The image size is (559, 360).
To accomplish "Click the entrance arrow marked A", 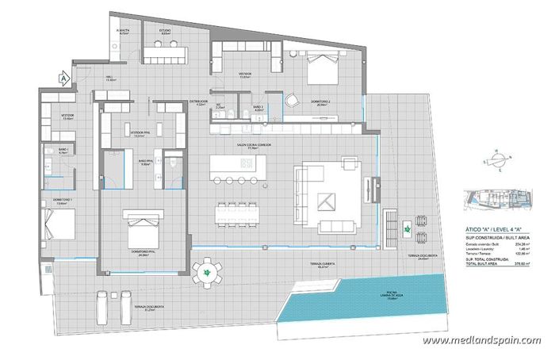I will coord(61,78).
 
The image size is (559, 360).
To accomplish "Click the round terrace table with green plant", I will coord(207,274).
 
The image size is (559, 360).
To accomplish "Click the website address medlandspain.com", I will coord(481,340).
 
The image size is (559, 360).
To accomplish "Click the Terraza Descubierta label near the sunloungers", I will coord(148,306).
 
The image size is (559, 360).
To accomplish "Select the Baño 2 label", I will coord(258,107).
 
